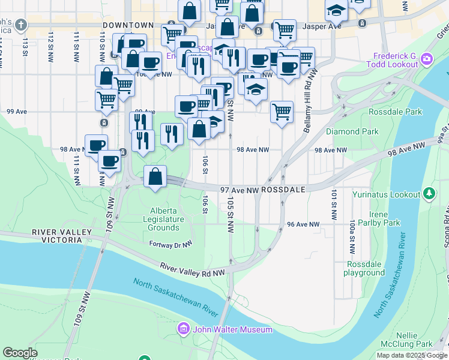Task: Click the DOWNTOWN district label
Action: pyautogui.click(x=128, y=26)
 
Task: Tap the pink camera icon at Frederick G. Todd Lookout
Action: pyautogui.click(x=427, y=58)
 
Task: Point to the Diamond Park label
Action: pyautogui.click(x=352, y=131)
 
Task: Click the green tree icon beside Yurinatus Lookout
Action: pyautogui.click(x=429, y=193)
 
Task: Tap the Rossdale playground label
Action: pyautogui.click(x=364, y=268)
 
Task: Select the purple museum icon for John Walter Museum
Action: pyautogui.click(x=184, y=329)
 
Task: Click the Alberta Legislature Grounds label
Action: pyautogui.click(x=167, y=219)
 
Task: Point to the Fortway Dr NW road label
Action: pyautogui.click(x=170, y=244)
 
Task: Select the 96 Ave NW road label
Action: pyautogui.click(x=303, y=224)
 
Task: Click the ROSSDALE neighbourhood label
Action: pyautogui.click(x=284, y=189)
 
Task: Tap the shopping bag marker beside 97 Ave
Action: pyautogui.click(x=155, y=177)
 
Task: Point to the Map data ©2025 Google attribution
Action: pyautogui.click(x=412, y=355)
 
